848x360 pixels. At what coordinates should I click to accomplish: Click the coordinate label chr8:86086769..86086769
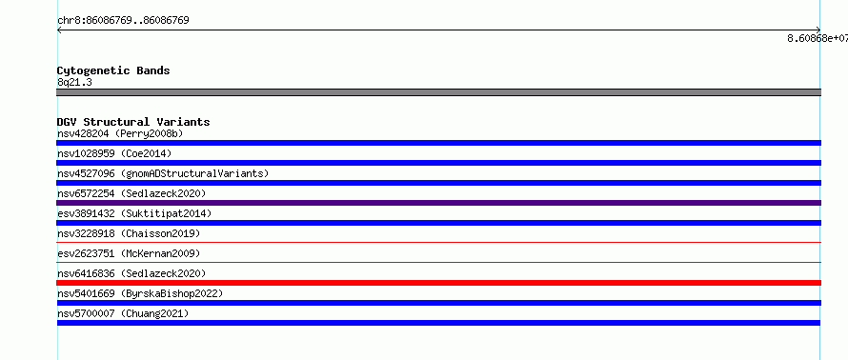[123, 21]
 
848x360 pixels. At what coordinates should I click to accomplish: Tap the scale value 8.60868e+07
[818, 38]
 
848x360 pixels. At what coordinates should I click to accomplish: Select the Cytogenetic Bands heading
[113, 70]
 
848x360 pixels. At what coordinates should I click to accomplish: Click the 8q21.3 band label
[74, 82]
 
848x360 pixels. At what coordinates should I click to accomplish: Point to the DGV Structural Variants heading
[133, 122]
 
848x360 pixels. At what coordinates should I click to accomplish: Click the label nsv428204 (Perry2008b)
[124, 133]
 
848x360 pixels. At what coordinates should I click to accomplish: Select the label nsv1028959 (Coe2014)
[114, 153]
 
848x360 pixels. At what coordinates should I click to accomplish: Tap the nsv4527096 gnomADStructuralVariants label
[163, 173]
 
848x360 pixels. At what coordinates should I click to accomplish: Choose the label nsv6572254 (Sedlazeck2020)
[131, 193]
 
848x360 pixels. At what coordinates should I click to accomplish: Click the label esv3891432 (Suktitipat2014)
[134, 213]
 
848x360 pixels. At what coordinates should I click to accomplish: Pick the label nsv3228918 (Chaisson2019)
[129, 233]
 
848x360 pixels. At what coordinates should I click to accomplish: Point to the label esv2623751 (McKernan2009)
[129, 253]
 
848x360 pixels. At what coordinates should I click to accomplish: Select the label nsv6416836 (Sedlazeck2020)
[131, 273]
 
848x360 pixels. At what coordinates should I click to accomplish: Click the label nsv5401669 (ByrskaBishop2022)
[140, 293]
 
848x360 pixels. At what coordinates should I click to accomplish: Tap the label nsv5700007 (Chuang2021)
[123, 313]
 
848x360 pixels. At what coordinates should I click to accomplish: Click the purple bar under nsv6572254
[438, 203]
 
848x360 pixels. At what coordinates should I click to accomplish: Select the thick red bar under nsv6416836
[438, 283]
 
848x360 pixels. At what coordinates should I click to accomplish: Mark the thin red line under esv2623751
[438, 262]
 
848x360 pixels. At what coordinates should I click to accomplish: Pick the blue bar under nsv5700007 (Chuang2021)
[438, 323]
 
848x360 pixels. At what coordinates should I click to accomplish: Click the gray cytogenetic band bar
[438, 92]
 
